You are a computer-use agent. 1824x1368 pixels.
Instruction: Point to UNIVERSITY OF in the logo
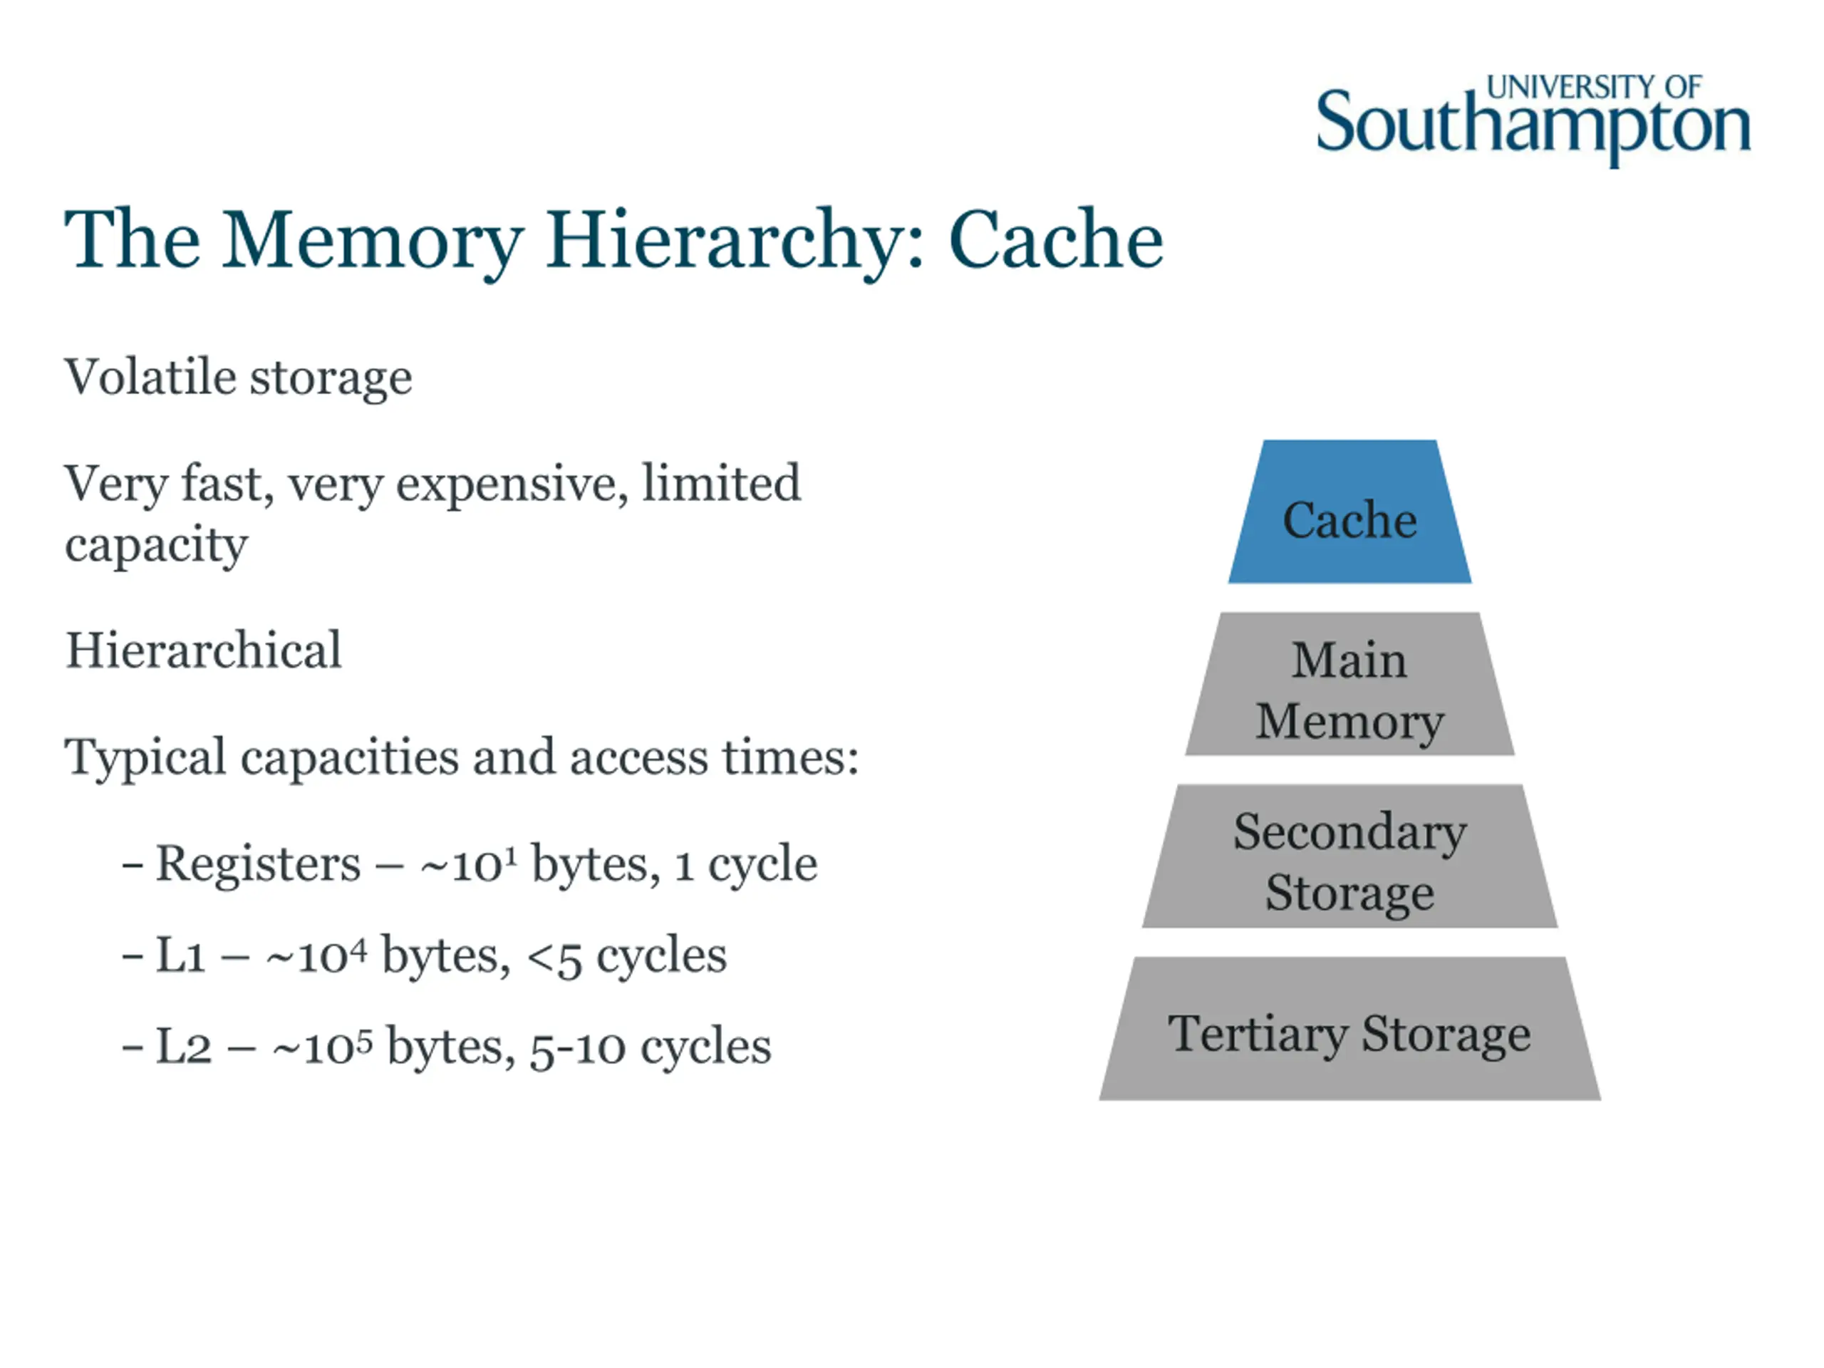coord(1593,87)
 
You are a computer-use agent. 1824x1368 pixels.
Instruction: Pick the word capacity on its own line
coord(156,546)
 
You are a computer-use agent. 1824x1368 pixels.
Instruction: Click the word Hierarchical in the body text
coord(203,650)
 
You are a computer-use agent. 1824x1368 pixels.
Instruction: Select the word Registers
coord(258,864)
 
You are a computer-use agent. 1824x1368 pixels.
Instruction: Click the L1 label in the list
coord(180,955)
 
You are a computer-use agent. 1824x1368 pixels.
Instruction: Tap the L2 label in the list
coord(183,1047)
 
